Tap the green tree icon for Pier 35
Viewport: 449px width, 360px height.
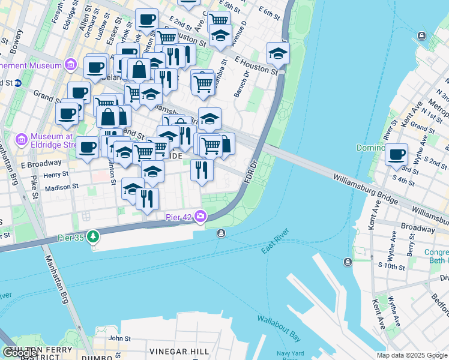click(93, 237)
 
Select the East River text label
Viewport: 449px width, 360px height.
click(276, 241)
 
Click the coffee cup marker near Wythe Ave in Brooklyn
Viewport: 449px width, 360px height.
click(396, 154)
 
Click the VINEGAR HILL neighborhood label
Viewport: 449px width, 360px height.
click(179, 351)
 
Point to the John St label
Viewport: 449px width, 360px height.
click(119, 338)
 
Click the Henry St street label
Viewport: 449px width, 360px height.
click(56, 175)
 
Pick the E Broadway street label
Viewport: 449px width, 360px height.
click(41, 163)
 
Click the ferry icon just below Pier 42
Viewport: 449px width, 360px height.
click(221, 233)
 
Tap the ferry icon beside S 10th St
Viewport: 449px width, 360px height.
click(348, 262)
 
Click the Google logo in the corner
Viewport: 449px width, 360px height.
click(19, 353)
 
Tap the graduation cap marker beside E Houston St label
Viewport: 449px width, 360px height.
click(278, 53)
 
